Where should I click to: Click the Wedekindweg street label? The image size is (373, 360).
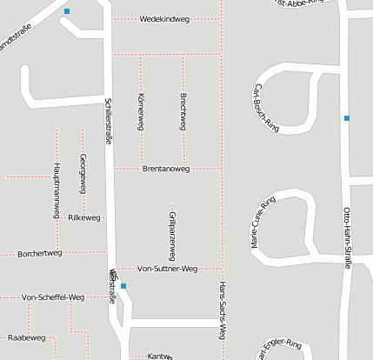tap(165, 18)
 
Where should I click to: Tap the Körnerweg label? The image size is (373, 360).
tap(140, 111)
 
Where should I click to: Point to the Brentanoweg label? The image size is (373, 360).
tap(165, 169)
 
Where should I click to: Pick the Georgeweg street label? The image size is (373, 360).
tap(83, 173)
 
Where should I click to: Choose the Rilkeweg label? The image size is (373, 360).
tap(84, 217)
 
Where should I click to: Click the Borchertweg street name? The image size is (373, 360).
tap(40, 253)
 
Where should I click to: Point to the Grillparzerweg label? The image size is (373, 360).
tap(172, 236)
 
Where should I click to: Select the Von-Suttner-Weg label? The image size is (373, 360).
tap(168, 269)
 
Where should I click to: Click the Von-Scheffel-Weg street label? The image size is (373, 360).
tap(52, 297)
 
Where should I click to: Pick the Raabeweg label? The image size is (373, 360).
tap(25, 337)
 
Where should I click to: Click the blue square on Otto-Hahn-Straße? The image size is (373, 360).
tap(346, 117)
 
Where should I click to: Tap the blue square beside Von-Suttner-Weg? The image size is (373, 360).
tap(123, 286)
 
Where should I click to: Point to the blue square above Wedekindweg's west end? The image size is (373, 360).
tap(68, 11)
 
